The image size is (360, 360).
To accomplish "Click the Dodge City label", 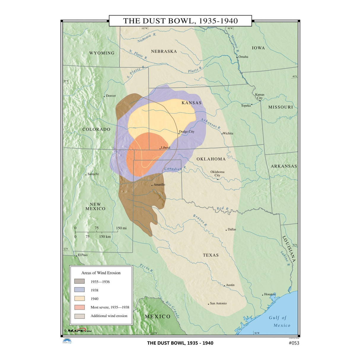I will (x=187, y=131).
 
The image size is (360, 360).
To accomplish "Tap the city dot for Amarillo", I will (x=152, y=185).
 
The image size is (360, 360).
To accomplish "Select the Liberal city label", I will (x=165, y=147).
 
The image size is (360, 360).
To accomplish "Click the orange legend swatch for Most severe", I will (x=79, y=307).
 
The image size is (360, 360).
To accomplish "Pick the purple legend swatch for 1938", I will (x=79, y=290).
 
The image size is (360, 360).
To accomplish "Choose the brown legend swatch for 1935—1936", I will (x=79, y=281).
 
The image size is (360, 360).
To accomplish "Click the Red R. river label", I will (x=222, y=208).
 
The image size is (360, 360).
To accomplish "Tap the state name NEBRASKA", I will (x=164, y=51).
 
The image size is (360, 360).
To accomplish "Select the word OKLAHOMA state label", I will (x=211, y=159).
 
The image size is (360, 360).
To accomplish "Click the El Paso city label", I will (x=83, y=255).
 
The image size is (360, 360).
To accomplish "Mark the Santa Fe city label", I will (x=93, y=174).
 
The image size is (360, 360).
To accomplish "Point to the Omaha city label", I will (x=243, y=57).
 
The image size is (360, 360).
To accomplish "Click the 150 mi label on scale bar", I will (x=121, y=228).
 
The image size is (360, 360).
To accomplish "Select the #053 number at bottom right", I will (x=294, y=343).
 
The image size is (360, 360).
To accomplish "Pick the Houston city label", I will (x=270, y=294).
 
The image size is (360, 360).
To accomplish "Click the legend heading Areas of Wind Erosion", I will (x=101, y=273).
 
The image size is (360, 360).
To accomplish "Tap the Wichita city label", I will (x=228, y=133).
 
